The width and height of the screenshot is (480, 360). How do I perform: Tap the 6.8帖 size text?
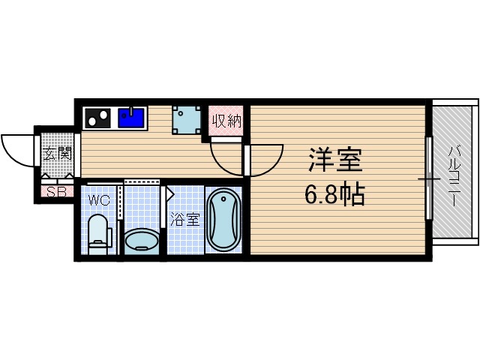coord(334,195)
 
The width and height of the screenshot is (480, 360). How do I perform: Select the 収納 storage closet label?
coord(226,121)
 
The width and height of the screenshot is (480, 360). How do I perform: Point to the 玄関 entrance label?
coord(56,155)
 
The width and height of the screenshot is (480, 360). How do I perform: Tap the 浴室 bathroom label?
coord(185,220)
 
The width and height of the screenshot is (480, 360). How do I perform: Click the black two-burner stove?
coord(97,118)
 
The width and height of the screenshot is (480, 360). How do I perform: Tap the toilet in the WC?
coord(97,232)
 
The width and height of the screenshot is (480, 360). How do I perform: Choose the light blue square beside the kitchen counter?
coord(187,119)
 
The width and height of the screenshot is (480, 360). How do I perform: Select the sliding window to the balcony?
coord(429,178)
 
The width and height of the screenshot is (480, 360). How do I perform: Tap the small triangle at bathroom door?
coord(169,194)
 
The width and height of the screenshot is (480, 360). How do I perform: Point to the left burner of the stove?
coord(91,118)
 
